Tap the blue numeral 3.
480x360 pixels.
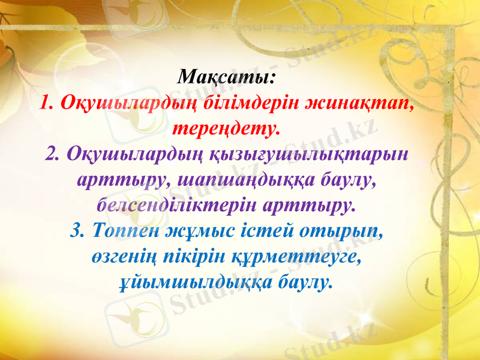76,230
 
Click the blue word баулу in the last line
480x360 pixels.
306,281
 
